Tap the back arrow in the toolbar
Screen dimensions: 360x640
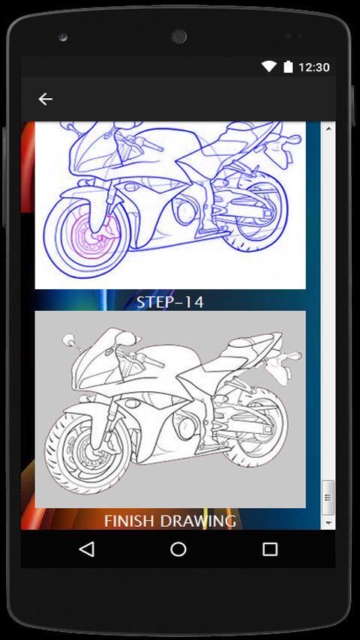(45, 99)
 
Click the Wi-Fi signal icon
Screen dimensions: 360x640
(269, 67)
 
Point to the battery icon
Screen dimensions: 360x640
(288, 67)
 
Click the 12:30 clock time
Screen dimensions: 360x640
(313, 67)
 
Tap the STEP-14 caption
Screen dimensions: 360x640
(170, 302)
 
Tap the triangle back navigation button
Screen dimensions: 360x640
(87, 549)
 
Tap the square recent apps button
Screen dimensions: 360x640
(270, 549)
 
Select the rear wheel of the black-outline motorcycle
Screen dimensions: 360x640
(258, 429)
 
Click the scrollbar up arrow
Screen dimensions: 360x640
(328, 129)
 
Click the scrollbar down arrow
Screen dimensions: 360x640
(328, 522)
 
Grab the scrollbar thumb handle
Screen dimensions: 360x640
(328, 498)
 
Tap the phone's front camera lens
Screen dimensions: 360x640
(63, 37)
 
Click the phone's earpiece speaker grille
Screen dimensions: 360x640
(178, 37)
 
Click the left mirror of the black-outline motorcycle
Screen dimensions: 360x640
(67, 340)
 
